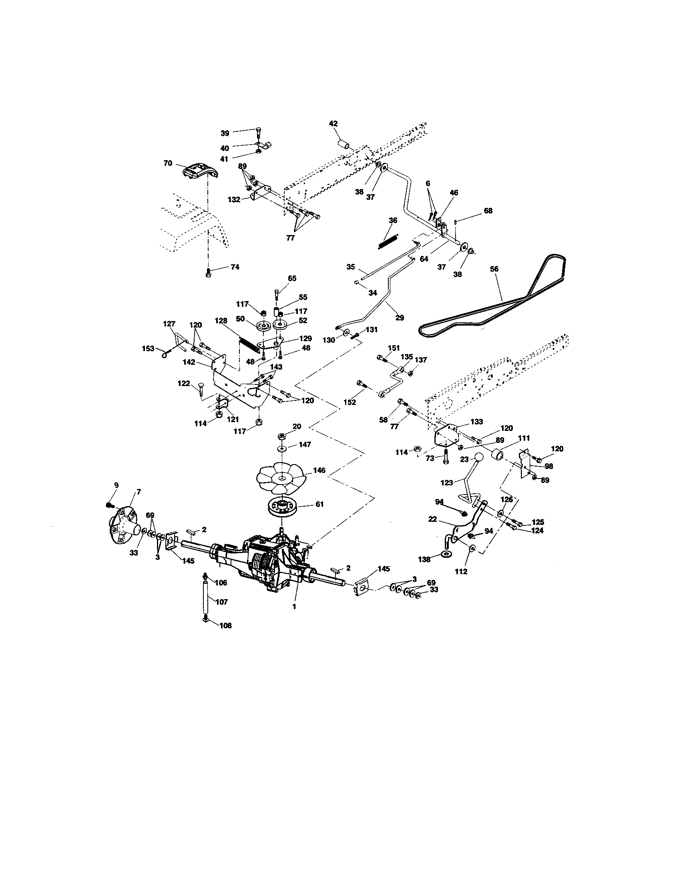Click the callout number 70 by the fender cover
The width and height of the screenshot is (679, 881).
168,163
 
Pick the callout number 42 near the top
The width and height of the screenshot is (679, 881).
333,124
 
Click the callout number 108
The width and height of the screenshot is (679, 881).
226,626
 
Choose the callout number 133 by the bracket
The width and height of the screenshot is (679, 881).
476,422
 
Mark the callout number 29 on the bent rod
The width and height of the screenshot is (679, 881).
399,318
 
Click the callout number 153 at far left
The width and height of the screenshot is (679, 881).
148,348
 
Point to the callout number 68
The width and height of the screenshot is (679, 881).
488,211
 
